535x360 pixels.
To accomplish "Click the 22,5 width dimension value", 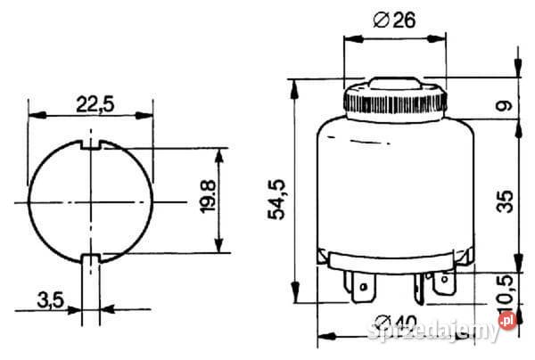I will point(94,104).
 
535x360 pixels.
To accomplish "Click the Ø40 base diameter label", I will point(392,323).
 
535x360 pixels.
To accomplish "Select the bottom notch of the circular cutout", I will point(92,259).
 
